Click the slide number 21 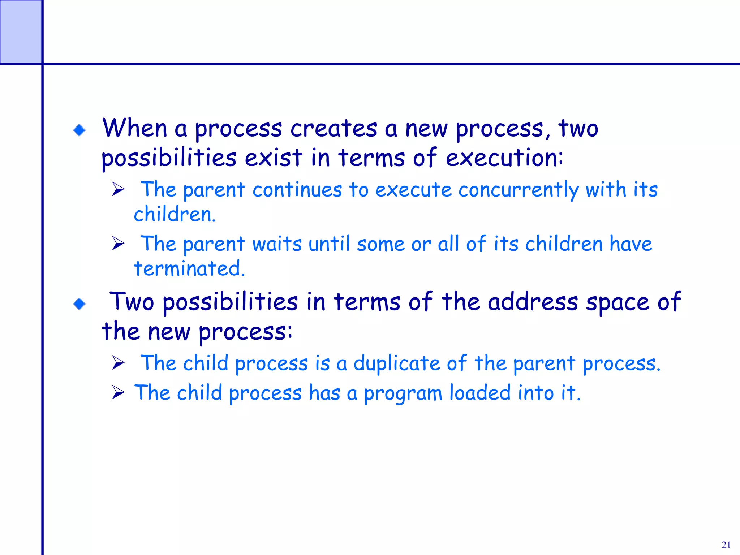click(726, 545)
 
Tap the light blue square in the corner click(21, 32)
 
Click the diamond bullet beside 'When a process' click(79, 130)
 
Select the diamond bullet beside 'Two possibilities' click(79, 304)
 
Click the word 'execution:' click(504, 158)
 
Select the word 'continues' click(297, 190)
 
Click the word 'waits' click(277, 244)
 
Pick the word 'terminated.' click(189, 268)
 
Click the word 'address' click(533, 302)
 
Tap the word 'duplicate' click(397, 363)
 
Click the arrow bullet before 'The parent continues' click(118, 189)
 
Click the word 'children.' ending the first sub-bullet click(175, 215)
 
